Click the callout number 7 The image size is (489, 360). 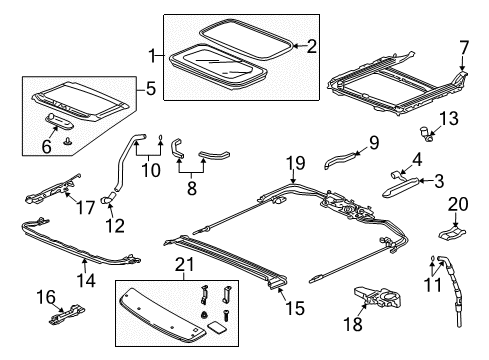(x=464, y=48)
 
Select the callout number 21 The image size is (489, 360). (x=184, y=265)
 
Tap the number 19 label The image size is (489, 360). (x=296, y=163)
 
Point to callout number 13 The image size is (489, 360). (x=449, y=118)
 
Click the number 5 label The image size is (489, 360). (x=151, y=89)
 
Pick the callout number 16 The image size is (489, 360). (x=46, y=297)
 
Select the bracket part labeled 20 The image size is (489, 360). (x=452, y=232)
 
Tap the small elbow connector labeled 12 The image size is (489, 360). (x=107, y=198)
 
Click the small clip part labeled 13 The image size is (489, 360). (x=426, y=133)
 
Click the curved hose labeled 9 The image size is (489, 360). (x=340, y=159)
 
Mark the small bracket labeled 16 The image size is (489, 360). (x=67, y=315)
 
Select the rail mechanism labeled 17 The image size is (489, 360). (x=53, y=190)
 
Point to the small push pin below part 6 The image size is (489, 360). (x=68, y=141)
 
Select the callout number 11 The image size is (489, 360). (x=433, y=284)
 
